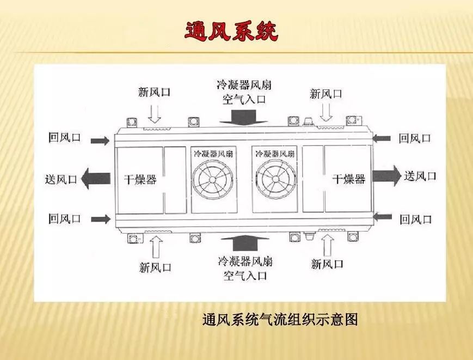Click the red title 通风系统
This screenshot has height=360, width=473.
231,32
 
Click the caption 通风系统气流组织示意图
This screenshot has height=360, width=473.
280,319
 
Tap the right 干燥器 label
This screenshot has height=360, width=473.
349,178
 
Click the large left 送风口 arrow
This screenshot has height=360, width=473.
95,178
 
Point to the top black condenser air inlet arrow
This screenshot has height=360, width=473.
243,116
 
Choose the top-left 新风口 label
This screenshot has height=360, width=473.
154,92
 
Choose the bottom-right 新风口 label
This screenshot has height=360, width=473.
327,264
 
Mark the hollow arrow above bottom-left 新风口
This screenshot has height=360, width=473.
155,246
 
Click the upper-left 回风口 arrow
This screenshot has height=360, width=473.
100,141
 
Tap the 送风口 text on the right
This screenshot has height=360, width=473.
420,176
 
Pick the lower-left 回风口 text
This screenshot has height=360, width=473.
64,219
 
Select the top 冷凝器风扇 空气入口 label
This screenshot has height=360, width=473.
243,92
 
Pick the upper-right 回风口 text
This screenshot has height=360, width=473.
415,138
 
